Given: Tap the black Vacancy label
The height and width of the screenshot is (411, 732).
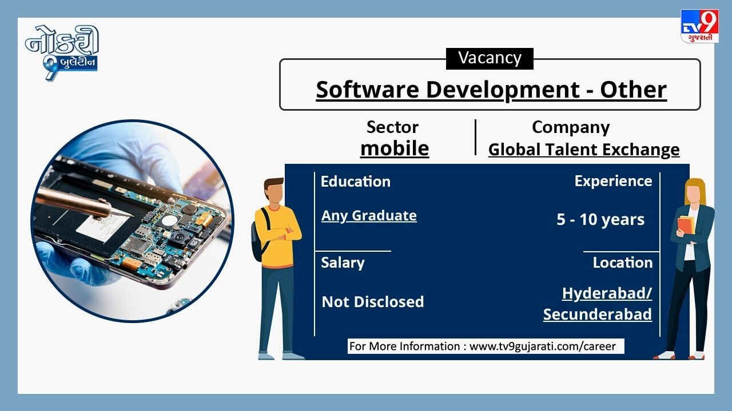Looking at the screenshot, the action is [490, 59].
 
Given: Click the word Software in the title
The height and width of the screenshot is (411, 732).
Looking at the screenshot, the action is [368, 90].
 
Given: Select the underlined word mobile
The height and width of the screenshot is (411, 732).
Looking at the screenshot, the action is [395, 149].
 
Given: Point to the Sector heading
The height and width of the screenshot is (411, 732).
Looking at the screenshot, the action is [392, 127].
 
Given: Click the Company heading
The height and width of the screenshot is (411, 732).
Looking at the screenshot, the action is [571, 127].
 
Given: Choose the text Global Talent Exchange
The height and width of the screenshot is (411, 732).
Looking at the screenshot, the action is [584, 150].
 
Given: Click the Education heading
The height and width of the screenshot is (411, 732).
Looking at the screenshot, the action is [356, 182].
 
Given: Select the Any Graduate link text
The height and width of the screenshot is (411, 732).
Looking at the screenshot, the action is [369, 216].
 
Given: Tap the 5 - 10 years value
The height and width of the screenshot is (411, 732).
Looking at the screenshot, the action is [600, 220].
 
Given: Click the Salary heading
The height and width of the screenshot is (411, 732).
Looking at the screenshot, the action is [343, 263].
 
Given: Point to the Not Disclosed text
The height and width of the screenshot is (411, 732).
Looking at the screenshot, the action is [373, 302].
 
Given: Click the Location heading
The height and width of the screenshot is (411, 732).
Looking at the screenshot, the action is [623, 263].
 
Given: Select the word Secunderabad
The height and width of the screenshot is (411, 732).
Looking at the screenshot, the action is [598, 315].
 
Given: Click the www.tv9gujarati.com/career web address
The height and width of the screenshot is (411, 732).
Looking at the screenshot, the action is [543, 346].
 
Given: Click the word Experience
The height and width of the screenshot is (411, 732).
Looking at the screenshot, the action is [613, 182].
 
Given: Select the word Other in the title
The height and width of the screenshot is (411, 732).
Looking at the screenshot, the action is [633, 90].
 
